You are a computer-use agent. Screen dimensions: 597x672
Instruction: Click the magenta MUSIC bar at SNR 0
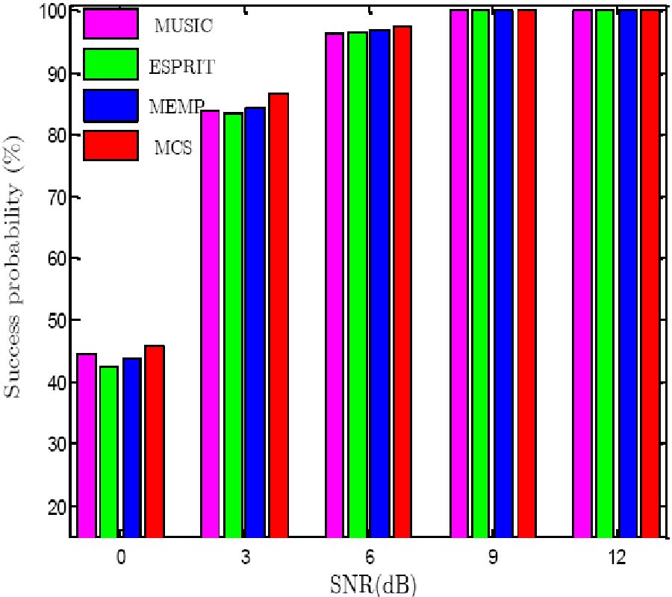(x=87, y=445)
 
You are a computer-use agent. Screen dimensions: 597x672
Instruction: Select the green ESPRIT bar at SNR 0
(x=109, y=451)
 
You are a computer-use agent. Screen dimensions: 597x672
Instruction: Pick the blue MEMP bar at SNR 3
(x=255, y=322)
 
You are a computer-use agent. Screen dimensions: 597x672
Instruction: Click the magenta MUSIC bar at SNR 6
(x=335, y=284)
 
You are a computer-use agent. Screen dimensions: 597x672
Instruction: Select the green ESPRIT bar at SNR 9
(x=479, y=273)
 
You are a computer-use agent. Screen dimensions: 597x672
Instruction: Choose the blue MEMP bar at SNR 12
(x=627, y=273)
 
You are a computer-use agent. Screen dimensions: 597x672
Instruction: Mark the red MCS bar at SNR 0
(x=155, y=441)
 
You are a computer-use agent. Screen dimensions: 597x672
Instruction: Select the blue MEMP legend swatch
(x=111, y=105)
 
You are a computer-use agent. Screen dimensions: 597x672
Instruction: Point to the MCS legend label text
(x=174, y=147)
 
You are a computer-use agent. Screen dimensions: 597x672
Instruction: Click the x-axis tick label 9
(x=494, y=557)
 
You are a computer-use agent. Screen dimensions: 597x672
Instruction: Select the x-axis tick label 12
(x=617, y=557)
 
